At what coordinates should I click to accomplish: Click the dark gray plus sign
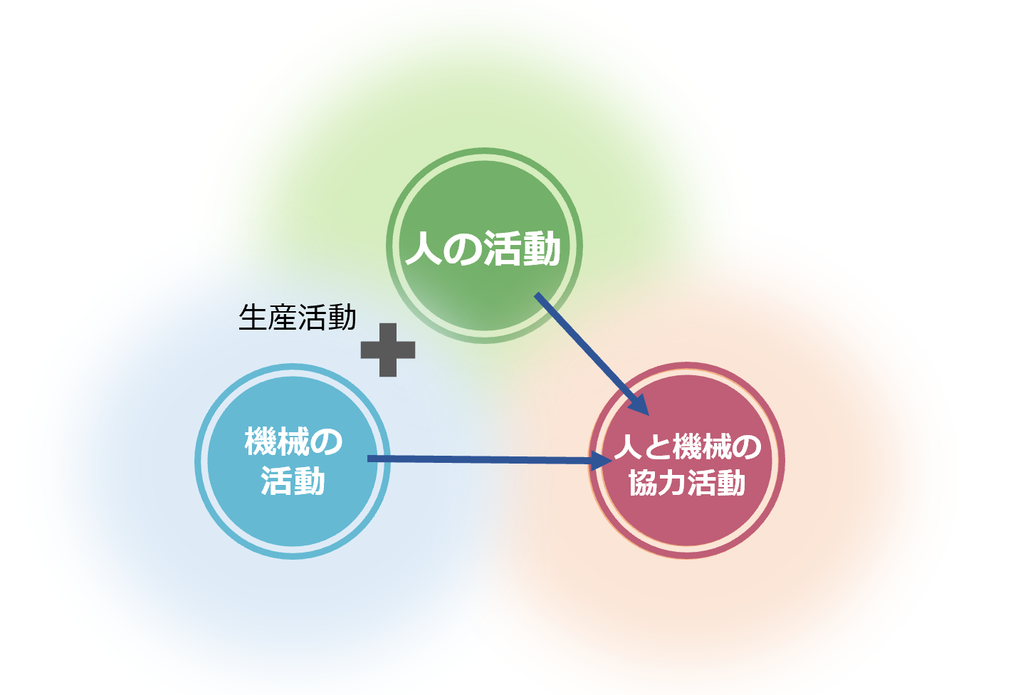coord(388,350)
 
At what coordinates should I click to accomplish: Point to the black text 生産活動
coord(298,318)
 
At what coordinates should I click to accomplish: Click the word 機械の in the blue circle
coord(293,441)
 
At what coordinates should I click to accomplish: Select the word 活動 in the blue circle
coord(293,481)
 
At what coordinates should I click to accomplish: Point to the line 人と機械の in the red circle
coord(688,447)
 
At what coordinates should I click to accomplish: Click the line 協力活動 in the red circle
coord(688,483)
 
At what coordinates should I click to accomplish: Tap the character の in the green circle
coord(461,250)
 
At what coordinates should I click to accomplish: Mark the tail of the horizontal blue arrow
coord(371,459)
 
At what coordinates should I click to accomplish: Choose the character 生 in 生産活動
coord(252,318)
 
